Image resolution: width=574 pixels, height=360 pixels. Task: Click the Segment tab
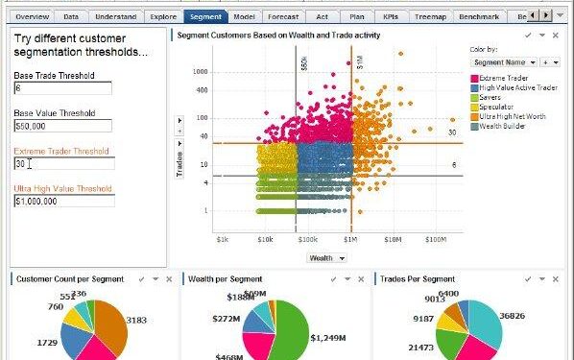point(204,17)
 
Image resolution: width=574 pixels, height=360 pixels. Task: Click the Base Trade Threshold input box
point(63,87)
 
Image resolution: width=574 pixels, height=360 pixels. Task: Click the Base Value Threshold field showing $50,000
point(63,125)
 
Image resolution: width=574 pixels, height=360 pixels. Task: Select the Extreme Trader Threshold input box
point(63,163)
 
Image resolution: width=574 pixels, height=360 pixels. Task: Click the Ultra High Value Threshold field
point(63,201)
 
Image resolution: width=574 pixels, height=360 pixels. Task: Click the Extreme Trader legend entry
point(505,78)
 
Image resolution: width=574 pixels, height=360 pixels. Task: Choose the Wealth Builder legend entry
point(501,126)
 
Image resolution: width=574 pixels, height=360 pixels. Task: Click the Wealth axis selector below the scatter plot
point(326,257)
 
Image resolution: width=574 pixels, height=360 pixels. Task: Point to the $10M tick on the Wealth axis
point(393,239)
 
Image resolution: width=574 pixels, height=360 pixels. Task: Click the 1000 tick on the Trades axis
point(201,72)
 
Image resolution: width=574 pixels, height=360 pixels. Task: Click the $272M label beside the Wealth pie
point(227,318)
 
